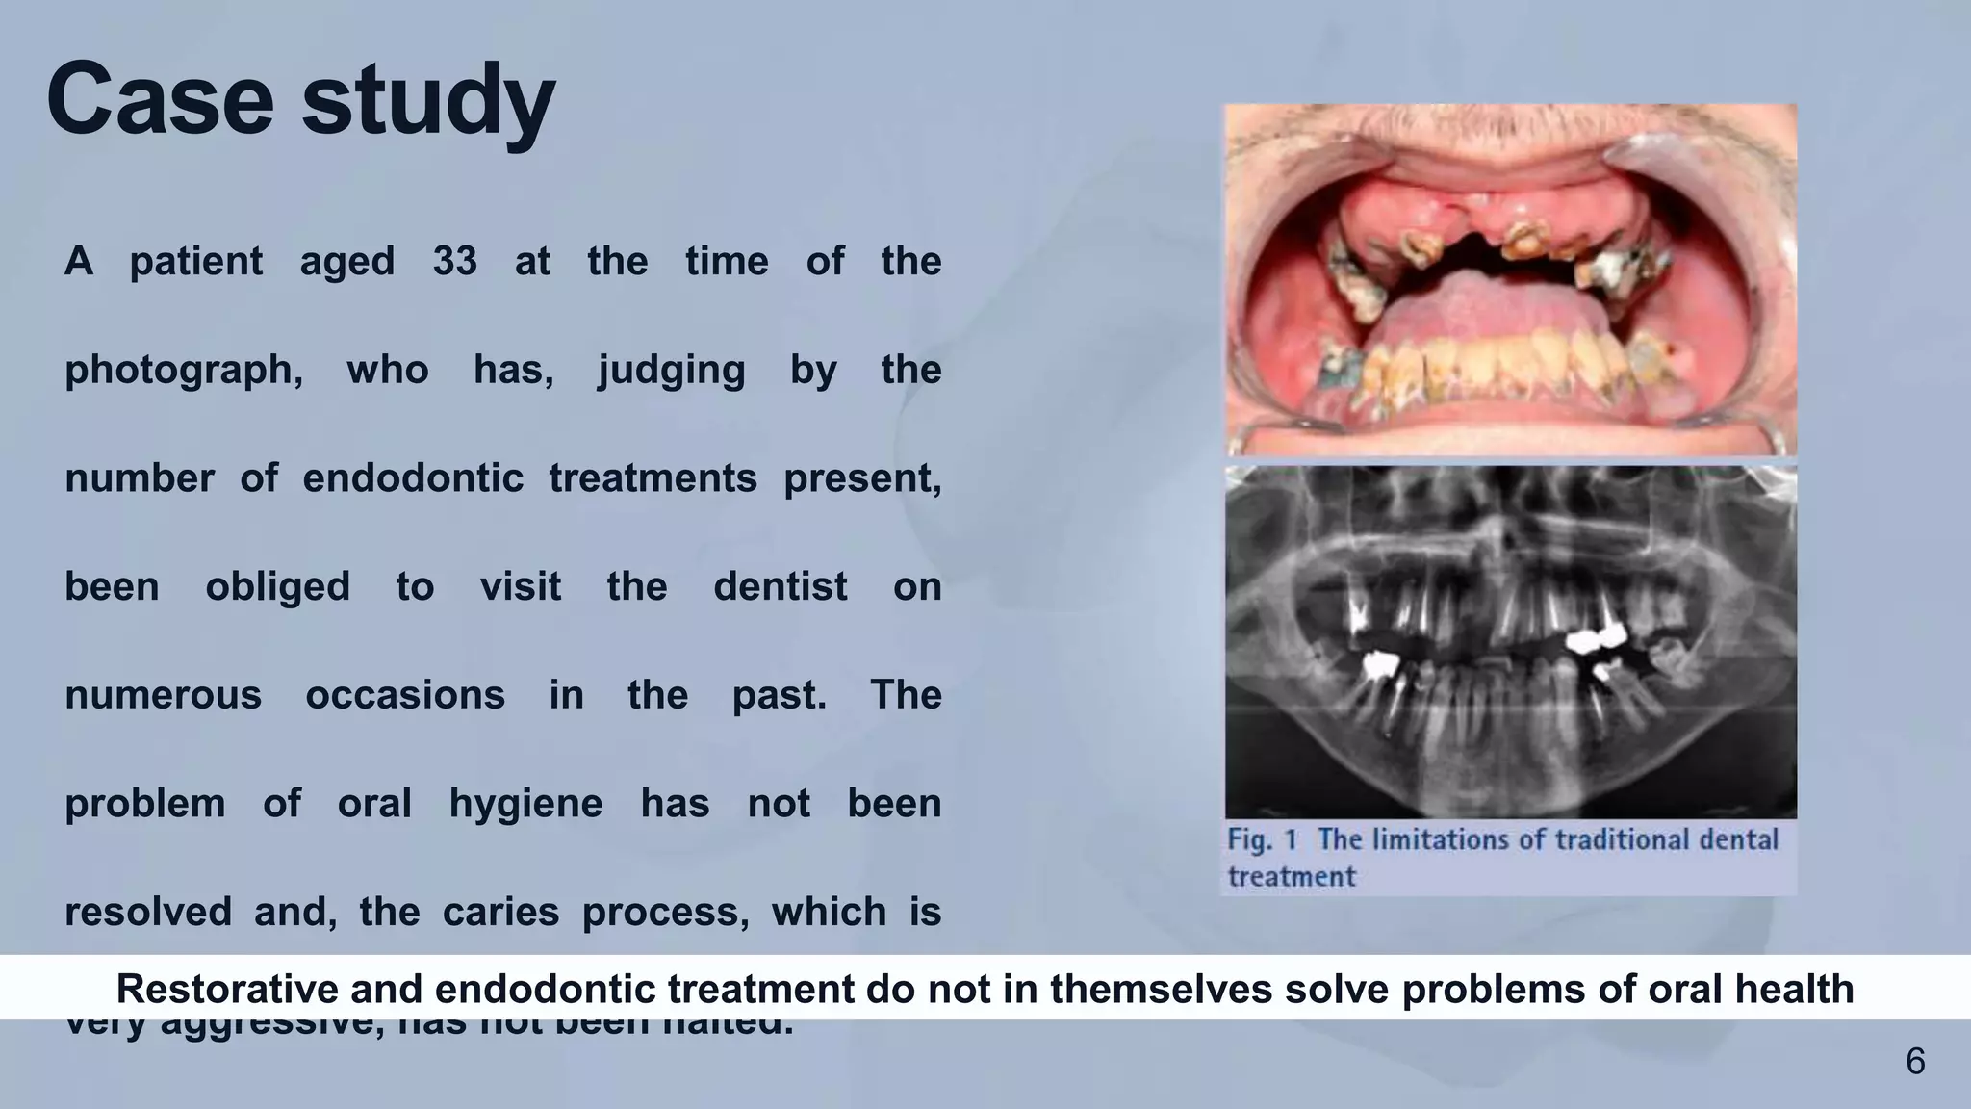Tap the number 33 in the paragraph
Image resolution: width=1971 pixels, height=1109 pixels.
point(454,261)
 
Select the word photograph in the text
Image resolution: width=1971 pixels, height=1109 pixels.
point(183,371)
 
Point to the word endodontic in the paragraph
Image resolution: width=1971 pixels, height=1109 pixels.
point(413,478)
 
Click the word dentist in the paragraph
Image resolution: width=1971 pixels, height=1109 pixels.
point(780,586)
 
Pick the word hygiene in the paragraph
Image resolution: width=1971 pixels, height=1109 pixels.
point(525,804)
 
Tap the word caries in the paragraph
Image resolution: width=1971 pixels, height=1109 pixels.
point(500,912)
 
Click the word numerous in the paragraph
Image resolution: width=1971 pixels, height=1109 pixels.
point(163,695)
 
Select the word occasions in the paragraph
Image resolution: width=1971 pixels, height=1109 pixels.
point(405,695)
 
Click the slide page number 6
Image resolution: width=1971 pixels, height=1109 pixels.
point(1915,1062)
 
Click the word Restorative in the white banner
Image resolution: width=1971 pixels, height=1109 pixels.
point(226,989)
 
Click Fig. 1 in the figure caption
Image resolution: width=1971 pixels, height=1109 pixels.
point(1262,839)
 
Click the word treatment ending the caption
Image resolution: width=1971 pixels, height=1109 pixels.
point(1291,877)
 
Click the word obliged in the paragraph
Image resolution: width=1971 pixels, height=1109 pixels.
point(277,586)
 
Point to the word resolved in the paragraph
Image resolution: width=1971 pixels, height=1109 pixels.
point(148,912)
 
